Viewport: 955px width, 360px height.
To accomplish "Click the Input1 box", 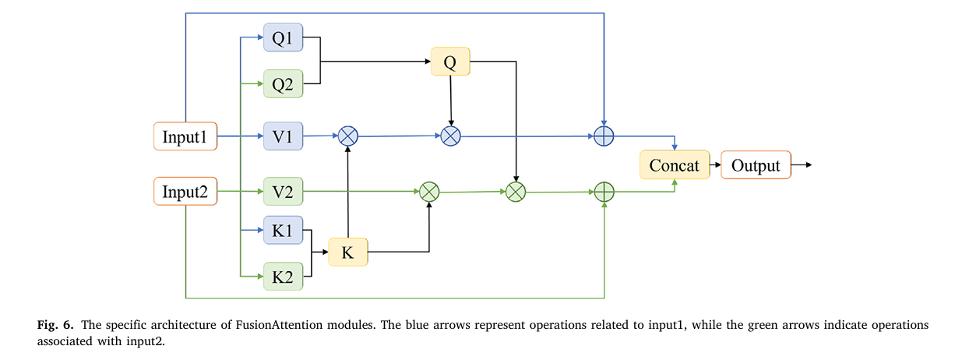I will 185,136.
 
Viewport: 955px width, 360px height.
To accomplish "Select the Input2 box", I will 185,191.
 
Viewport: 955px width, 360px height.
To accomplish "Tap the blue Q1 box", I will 283,37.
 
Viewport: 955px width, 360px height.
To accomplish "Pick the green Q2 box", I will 283,84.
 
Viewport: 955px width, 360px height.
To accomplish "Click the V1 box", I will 283,136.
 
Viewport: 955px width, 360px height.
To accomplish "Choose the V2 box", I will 283,191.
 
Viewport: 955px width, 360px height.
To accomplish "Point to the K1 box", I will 283,231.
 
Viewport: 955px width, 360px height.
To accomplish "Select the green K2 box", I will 283,276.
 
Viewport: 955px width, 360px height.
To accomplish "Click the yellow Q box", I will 450,62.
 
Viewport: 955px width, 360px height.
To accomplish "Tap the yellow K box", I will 347,252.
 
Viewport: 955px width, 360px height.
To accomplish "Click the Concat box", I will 674,165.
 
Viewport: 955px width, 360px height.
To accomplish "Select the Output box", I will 756,165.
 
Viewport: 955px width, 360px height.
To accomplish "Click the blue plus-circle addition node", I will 604,136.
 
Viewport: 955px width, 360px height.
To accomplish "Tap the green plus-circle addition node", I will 604,192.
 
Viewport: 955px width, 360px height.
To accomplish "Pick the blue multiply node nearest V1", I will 347,136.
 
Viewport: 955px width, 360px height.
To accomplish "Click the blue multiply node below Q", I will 451,136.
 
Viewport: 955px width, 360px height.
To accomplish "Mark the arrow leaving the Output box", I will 802,165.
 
